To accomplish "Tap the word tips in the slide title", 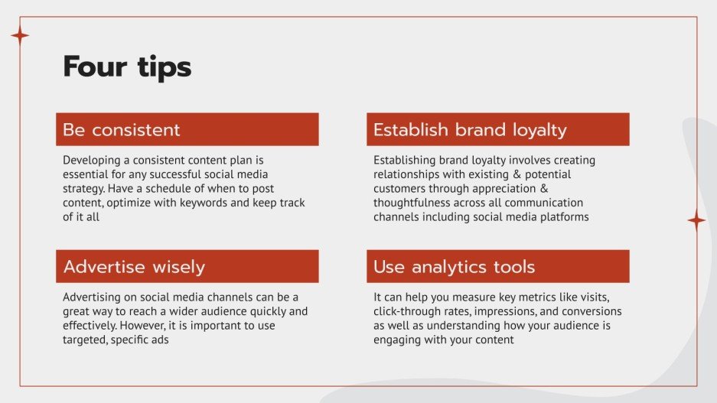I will (x=160, y=68).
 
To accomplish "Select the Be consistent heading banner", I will (x=187, y=129).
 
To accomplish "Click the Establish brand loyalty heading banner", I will (x=497, y=129).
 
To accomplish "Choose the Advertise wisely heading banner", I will (x=187, y=267).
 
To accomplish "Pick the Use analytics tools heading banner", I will (x=497, y=267).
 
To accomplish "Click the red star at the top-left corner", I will (x=20, y=35).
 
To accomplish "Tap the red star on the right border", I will (x=696, y=220).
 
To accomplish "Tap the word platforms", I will (x=563, y=216).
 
